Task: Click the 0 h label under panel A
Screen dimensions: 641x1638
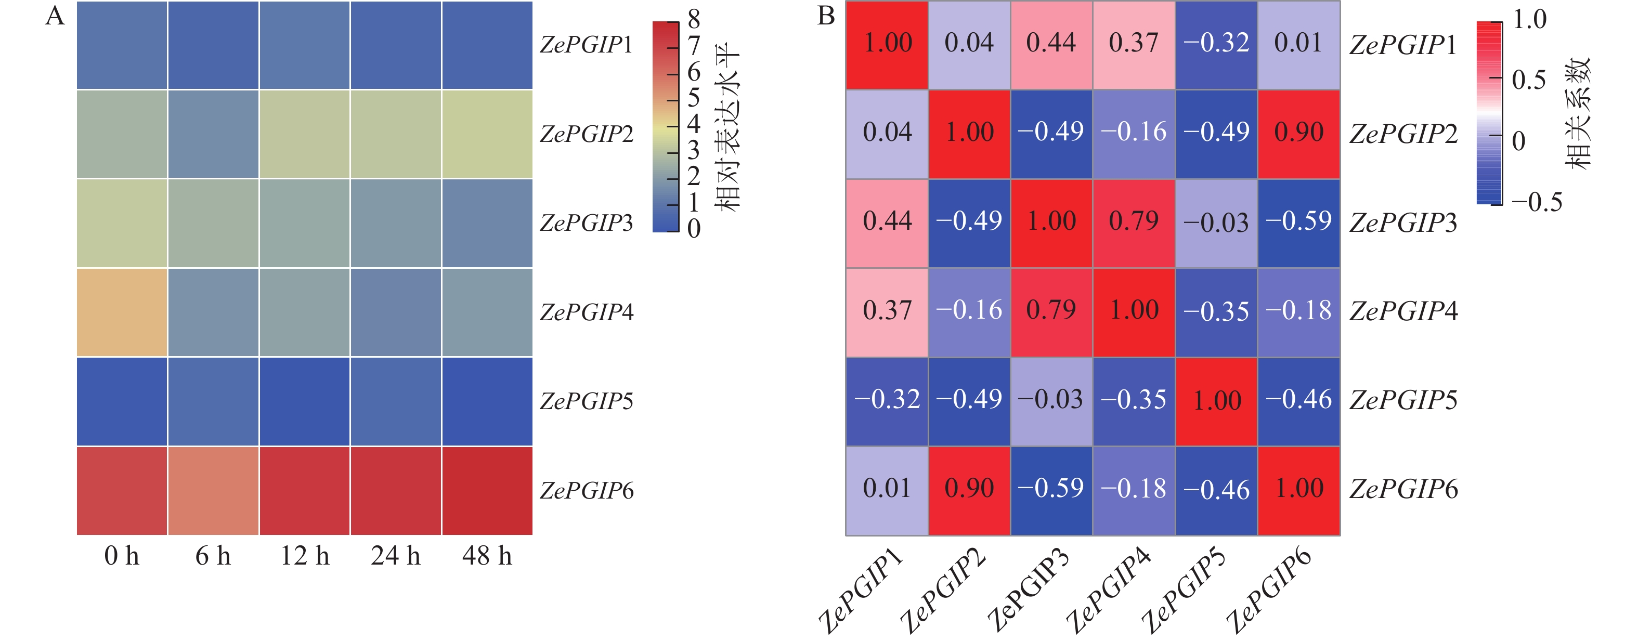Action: tap(122, 556)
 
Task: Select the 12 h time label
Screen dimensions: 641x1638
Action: tap(305, 556)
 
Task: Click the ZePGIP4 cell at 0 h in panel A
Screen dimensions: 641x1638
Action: tap(122, 312)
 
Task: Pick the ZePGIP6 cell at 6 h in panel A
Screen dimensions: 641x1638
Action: tap(213, 490)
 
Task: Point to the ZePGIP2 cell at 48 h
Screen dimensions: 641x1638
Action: tap(487, 134)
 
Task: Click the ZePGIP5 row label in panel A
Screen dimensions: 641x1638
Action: tap(586, 401)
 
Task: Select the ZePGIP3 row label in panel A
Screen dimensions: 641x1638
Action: tap(586, 223)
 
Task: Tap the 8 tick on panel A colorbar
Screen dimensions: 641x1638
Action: tap(694, 20)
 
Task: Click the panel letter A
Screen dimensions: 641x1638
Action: tap(55, 16)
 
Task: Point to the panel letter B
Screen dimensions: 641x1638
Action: tap(825, 16)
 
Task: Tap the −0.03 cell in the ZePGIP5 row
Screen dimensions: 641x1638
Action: tap(1051, 400)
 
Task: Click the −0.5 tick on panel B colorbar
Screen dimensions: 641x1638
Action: tap(1536, 203)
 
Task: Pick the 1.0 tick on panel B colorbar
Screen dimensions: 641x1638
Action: tap(1529, 20)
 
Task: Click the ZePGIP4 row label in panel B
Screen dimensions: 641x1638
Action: tap(1403, 311)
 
